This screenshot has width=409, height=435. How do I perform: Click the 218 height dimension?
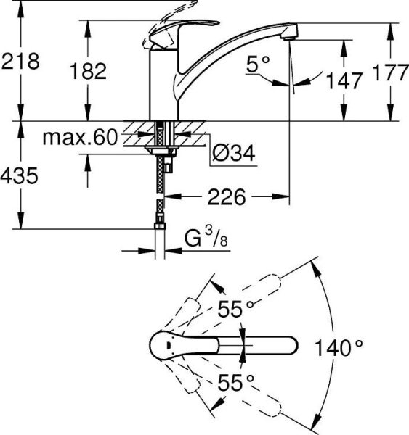click(20, 62)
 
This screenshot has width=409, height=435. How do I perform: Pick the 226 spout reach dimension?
click(226, 196)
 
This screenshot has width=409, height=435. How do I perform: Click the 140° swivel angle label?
click(339, 347)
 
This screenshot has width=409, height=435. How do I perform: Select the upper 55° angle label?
click(237, 310)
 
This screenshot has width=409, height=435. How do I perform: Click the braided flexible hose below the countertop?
click(160, 188)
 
